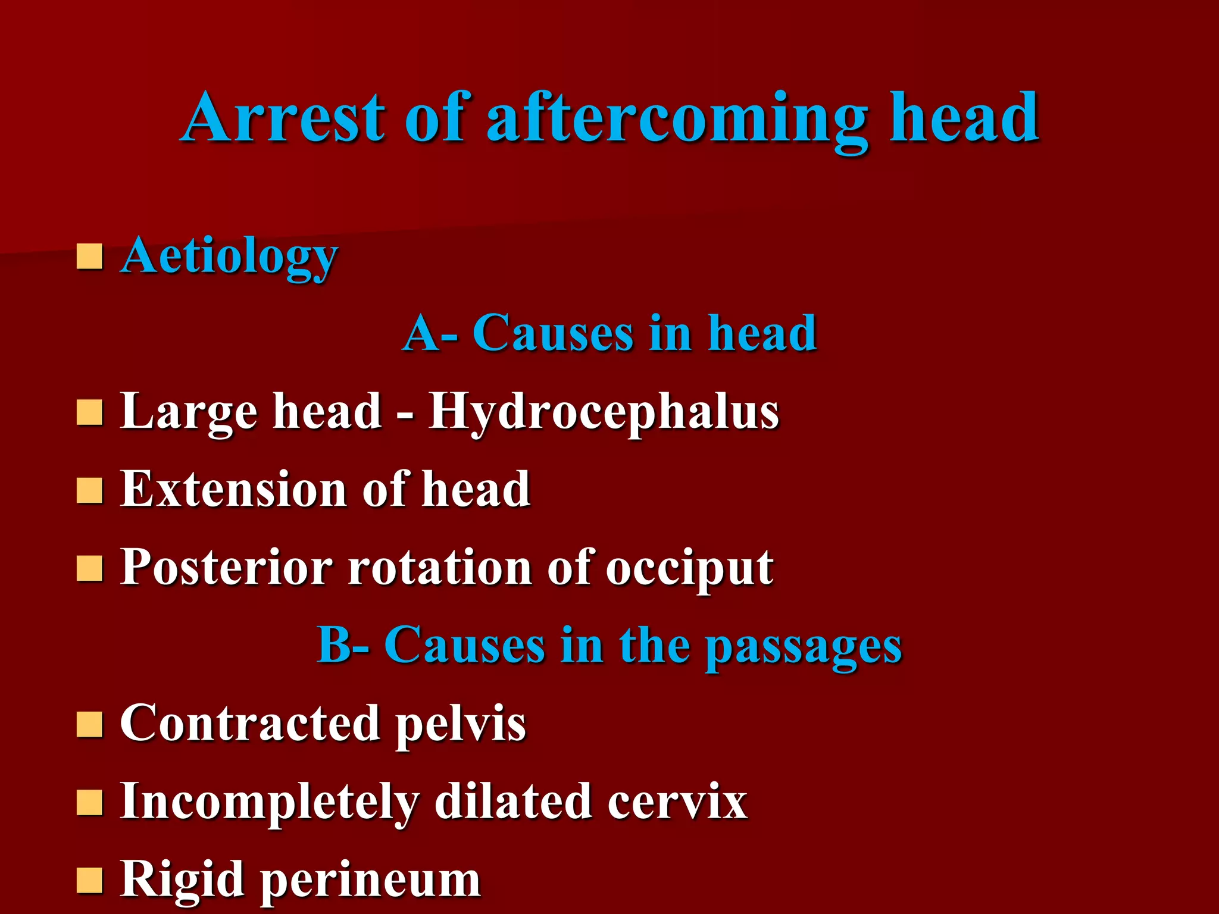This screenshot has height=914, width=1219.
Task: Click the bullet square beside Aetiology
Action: coord(89,256)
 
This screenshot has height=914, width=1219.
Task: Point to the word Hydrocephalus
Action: coord(604,412)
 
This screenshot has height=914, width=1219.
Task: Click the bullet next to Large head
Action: coord(89,412)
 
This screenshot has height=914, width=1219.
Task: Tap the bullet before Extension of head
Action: coord(89,490)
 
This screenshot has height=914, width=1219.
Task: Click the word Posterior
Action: coord(226,568)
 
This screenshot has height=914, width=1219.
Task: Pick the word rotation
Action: coord(440,568)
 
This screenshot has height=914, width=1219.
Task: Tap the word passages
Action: coord(804,647)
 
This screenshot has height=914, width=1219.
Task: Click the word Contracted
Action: coord(250,724)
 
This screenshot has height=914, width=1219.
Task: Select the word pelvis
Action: coord(461,725)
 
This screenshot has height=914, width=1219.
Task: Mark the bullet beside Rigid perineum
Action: coord(89,880)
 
